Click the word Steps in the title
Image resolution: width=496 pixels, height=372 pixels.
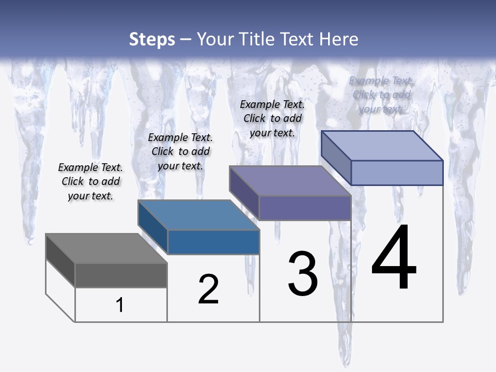tap(152, 39)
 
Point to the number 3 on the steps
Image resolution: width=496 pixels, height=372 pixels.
tap(303, 274)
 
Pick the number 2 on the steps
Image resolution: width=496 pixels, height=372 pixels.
tap(208, 289)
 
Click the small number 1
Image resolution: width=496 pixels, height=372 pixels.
tap(120, 305)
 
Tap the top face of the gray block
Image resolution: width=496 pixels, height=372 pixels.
tap(106, 249)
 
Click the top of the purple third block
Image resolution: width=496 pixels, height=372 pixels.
tap(290, 181)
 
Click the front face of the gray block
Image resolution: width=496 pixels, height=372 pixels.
tap(121, 275)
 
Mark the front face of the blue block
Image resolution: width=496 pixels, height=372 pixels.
tap(213, 242)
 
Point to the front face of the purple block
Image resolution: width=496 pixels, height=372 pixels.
tap(305, 208)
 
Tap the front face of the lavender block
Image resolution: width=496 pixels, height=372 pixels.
tap(397, 173)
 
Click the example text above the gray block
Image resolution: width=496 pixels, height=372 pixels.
tap(90, 181)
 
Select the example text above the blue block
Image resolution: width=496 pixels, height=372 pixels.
tap(180, 151)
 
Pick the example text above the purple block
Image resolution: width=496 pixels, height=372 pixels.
tap(272, 118)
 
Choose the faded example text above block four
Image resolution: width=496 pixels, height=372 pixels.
tap(381, 95)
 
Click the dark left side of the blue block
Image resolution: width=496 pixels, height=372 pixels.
tap(153, 227)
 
